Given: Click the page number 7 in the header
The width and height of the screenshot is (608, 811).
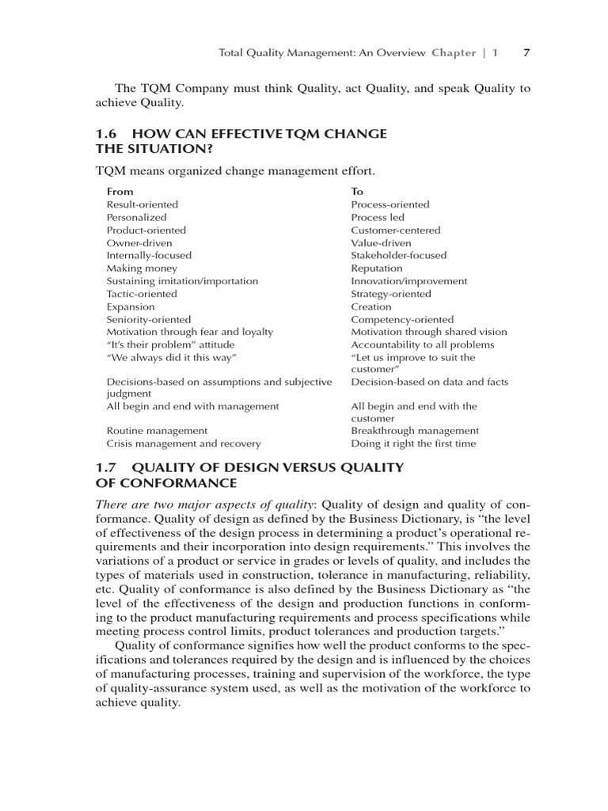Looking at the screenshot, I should [x=527, y=53].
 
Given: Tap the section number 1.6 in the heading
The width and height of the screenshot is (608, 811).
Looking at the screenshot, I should [x=105, y=134].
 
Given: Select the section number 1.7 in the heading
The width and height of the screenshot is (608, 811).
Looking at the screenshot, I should [x=105, y=468].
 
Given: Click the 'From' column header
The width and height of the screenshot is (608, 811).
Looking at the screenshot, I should [x=120, y=192].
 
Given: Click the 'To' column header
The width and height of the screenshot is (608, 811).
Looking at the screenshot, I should [x=357, y=192].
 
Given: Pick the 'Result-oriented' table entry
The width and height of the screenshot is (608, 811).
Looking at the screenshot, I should [x=142, y=204].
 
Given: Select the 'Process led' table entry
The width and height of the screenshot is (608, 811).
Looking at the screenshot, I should [x=378, y=217].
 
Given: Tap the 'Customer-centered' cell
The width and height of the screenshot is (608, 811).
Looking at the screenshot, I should [x=396, y=230].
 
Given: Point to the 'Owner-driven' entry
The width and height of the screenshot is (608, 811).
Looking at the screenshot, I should [x=139, y=242].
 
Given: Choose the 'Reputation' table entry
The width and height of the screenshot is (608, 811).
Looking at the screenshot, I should [x=376, y=268].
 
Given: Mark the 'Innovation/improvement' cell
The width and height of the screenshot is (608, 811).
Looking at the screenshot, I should [x=408, y=281].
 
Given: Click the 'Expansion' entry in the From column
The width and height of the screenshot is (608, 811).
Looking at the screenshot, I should [x=131, y=307].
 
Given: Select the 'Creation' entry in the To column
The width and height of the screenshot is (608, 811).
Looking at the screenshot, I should [x=371, y=307].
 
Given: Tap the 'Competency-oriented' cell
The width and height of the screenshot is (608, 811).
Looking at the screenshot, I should [x=402, y=319].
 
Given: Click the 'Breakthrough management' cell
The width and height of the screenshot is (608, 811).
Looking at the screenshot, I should [x=415, y=431].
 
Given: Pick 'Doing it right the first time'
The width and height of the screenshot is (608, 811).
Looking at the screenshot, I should [x=413, y=444].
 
